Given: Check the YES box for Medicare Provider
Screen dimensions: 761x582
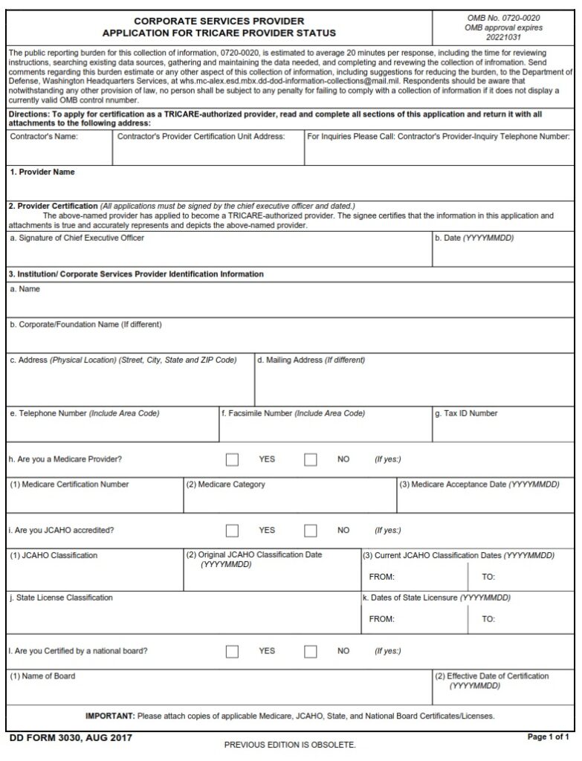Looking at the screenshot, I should click(x=232, y=459).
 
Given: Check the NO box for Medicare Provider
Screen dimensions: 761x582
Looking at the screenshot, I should click(x=311, y=459).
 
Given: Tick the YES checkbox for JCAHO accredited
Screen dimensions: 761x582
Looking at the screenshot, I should click(x=232, y=531).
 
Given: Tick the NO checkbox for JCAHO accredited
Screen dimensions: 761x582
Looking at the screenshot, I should click(x=311, y=531).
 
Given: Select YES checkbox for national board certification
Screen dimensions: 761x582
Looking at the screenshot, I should click(x=232, y=651).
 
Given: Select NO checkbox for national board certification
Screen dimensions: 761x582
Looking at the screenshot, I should click(x=311, y=651).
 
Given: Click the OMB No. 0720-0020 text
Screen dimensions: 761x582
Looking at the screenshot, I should click(x=503, y=18).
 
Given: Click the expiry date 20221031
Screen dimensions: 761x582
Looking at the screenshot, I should click(x=503, y=36).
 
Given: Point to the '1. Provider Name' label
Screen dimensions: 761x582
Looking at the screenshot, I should click(x=42, y=172).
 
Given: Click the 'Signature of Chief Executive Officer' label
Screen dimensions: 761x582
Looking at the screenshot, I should click(x=77, y=238).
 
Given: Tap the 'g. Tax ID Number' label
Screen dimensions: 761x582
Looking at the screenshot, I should click(x=466, y=413).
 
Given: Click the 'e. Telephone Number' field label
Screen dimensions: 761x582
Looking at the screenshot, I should click(x=84, y=413).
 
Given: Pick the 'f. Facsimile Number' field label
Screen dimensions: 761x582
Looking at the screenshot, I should click(x=293, y=413).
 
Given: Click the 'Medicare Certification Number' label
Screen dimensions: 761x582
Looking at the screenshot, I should click(x=69, y=485).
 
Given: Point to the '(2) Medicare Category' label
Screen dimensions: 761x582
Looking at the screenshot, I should click(x=225, y=485).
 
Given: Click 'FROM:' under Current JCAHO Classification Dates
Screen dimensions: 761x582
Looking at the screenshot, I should click(x=381, y=577).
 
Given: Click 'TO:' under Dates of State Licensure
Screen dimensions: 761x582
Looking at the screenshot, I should click(x=488, y=619).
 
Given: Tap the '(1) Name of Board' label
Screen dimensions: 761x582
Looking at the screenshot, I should click(x=42, y=676).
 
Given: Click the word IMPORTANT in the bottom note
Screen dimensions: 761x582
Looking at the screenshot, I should click(x=109, y=716).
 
